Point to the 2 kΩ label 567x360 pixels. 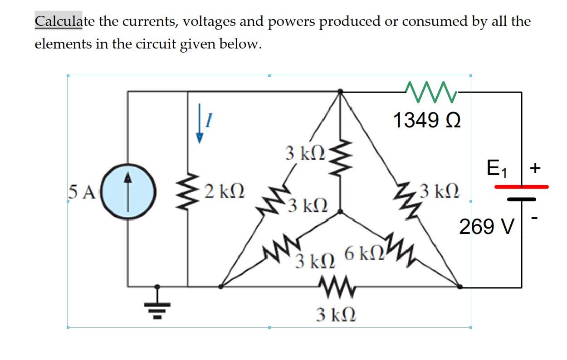tap(224, 192)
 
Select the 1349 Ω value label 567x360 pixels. tap(427, 121)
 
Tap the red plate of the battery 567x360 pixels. tap(521, 186)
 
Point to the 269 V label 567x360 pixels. tap(487, 226)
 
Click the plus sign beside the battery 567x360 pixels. tap(536, 169)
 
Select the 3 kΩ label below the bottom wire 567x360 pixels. tap(336, 313)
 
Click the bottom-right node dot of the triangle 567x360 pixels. tap(459, 287)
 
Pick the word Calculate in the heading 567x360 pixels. tap(59, 21)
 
